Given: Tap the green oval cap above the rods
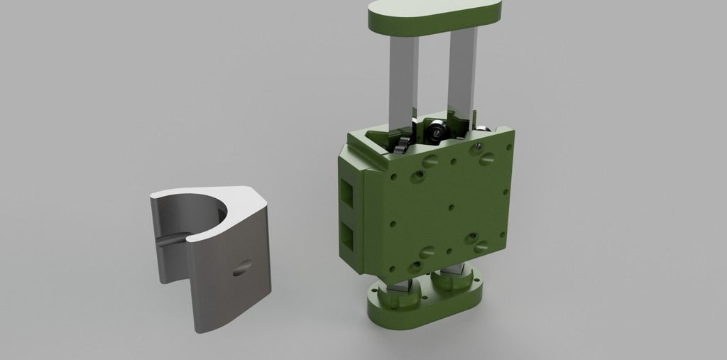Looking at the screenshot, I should (434, 15).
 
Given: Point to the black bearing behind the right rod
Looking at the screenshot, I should (437, 130).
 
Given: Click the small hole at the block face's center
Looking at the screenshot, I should (449, 207).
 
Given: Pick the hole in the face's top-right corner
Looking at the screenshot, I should (508, 148).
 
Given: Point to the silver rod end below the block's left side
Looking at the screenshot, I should (400, 285).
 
